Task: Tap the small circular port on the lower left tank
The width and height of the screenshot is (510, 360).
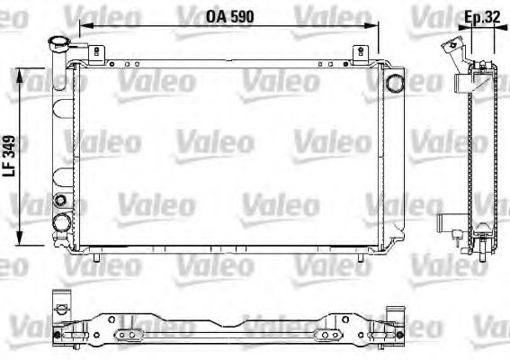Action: pos(60,199)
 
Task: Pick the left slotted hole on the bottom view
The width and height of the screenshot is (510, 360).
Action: pos(131,336)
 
